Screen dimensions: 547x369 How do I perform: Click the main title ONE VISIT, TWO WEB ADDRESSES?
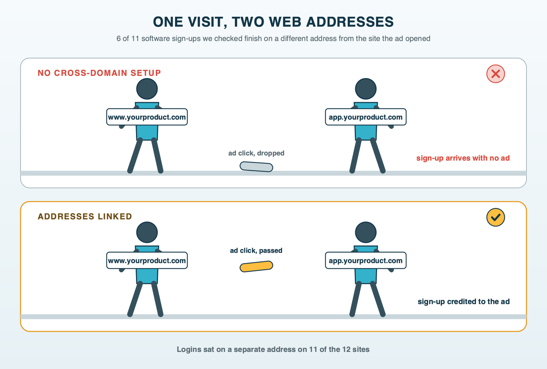click(x=273, y=22)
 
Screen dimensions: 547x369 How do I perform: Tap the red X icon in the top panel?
click(x=495, y=74)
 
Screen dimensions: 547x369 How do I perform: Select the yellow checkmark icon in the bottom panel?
click(x=495, y=217)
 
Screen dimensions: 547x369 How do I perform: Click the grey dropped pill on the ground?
click(x=256, y=167)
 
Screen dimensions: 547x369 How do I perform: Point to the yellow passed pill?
click(x=256, y=266)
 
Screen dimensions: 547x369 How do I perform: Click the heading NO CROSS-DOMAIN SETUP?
click(x=99, y=73)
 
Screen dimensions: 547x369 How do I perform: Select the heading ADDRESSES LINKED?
click(x=85, y=216)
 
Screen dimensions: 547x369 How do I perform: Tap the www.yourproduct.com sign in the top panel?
click(x=147, y=117)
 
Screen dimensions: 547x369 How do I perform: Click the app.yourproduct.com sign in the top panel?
click(x=366, y=117)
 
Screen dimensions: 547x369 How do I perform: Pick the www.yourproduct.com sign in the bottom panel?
click(x=147, y=260)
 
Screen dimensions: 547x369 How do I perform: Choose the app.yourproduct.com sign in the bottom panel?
click(x=366, y=260)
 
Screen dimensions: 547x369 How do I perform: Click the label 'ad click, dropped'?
click(x=256, y=153)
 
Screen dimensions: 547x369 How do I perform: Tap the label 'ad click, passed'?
click(x=256, y=250)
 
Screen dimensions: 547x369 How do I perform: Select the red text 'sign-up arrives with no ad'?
click(x=463, y=158)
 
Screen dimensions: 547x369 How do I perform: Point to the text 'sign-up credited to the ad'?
click(x=463, y=301)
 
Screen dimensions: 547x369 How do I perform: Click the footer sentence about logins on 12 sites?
click(x=273, y=349)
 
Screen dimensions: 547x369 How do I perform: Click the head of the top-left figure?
click(x=147, y=89)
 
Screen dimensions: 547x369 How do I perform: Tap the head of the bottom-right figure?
click(x=366, y=232)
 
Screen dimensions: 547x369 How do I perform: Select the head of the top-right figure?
click(x=366, y=89)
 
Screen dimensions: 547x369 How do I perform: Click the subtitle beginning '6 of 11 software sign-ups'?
click(x=273, y=39)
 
